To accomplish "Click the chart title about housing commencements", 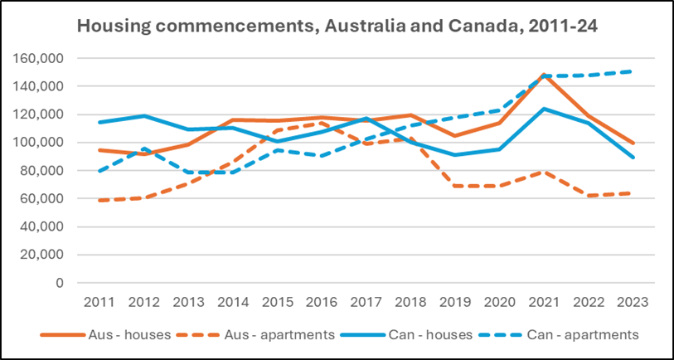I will coord(337,26).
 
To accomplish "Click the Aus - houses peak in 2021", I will coord(542,75).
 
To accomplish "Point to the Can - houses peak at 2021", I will coord(542,109).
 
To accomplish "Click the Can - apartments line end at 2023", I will coord(633,71).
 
